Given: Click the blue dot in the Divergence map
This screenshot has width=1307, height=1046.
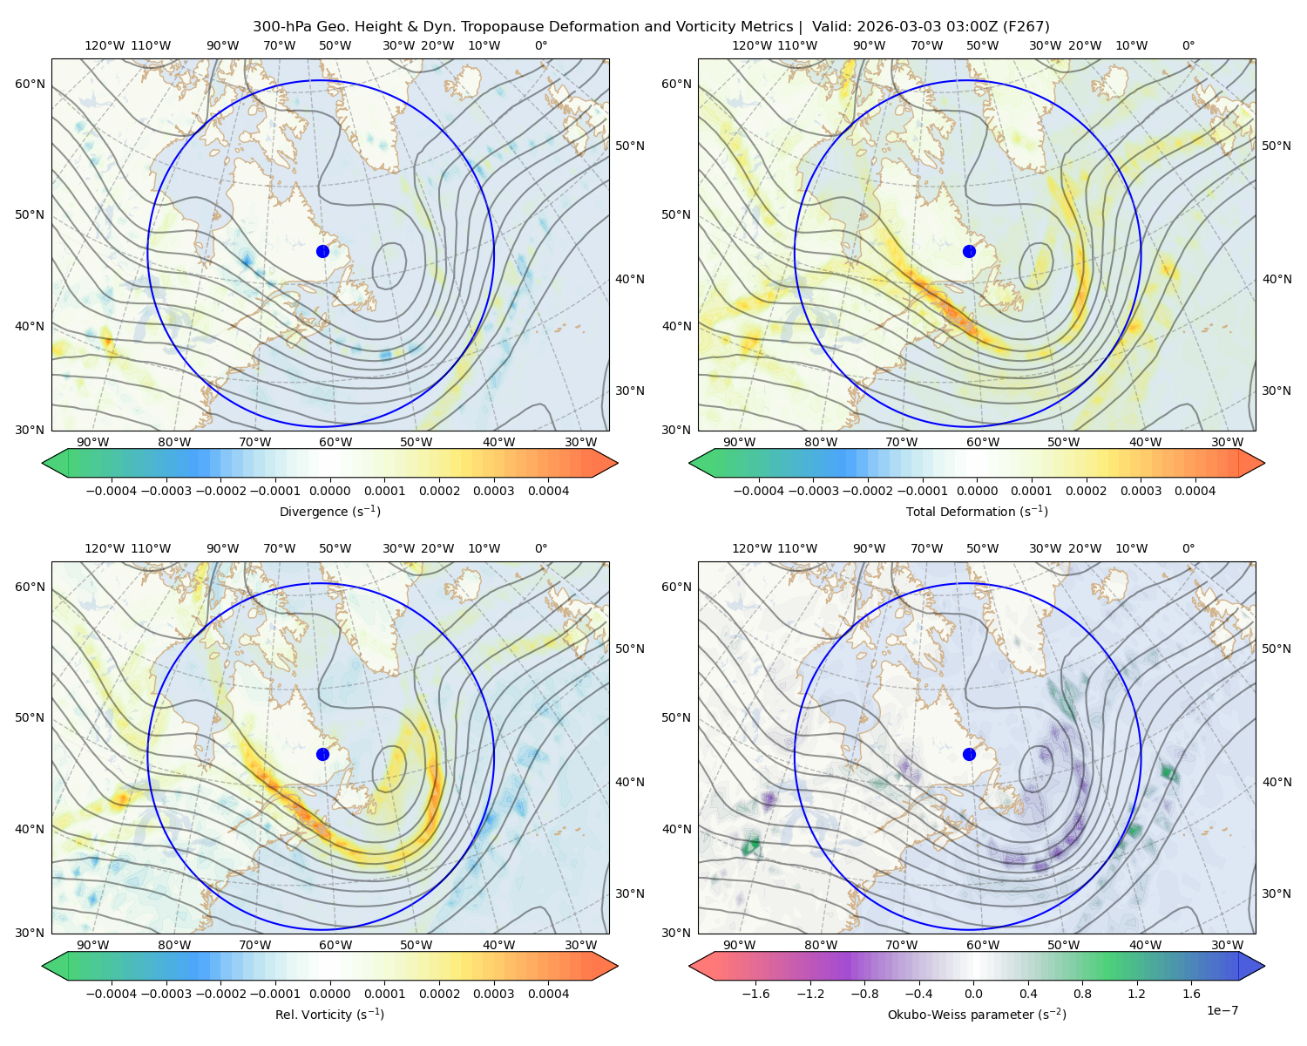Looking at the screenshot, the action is pyautogui.click(x=322, y=251).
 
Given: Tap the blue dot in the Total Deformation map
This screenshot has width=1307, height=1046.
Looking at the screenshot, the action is pyautogui.click(x=969, y=251).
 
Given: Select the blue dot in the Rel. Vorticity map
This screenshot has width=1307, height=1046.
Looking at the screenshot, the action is pyautogui.click(x=322, y=754).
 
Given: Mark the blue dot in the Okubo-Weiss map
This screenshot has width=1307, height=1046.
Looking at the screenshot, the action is pyautogui.click(x=969, y=754).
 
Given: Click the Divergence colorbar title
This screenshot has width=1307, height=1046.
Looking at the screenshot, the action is pyautogui.click(x=329, y=511).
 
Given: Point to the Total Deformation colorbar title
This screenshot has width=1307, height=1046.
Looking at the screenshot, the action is pyautogui.click(x=977, y=511).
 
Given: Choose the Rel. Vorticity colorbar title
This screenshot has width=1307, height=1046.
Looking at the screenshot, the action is pyautogui.click(x=329, y=1014).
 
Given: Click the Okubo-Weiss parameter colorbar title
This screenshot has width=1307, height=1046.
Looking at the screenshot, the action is pyautogui.click(x=977, y=1014).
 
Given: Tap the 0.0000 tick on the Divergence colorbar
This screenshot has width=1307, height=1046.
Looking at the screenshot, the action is pyautogui.click(x=329, y=491).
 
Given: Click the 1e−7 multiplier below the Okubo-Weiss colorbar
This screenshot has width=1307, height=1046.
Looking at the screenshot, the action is pyautogui.click(x=1222, y=1010).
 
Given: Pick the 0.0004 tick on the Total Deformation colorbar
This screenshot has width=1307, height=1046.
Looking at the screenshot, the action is pyautogui.click(x=1195, y=491).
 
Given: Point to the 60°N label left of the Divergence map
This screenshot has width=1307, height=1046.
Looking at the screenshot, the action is pyautogui.click(x=30, y=84).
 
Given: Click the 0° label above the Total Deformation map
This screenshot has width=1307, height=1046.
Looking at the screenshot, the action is pyautogui.click(x=1188, y=45).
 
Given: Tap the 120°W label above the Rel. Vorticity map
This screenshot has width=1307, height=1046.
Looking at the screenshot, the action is pyautogui.click(x=105, y=548).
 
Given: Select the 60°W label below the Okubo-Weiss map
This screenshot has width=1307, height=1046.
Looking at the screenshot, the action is pyautogui.click(x=982, y=945).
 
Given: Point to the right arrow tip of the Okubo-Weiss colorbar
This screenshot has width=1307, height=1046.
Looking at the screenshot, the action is pyautogui.click(x=1264, y=966).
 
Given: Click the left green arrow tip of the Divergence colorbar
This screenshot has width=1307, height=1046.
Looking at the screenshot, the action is pyautogui.click(x=43, y=463).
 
